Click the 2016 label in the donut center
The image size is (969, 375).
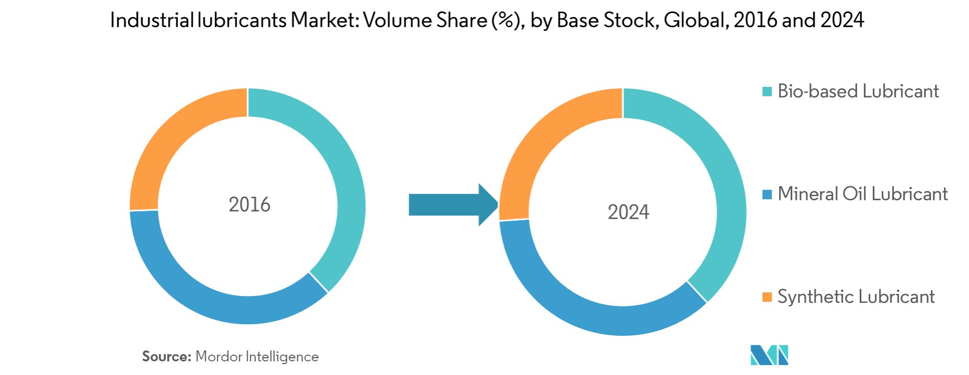pyautogui.click(x=250, y=204)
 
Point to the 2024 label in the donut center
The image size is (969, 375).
pyautogui.click(x=628, y=212)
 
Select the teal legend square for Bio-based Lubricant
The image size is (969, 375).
pyautogui.click(x=767, y=92)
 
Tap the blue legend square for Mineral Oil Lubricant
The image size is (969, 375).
pyautogui.click(x=767, y=195)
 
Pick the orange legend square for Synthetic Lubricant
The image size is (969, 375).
pyautogui.click(x=767, y=297)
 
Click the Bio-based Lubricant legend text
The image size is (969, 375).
pyautogui.click(x=858, y=92)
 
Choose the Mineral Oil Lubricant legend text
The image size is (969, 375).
pyautogui.click(x=862, y=195)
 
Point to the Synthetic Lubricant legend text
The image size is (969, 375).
pyautogui.click(x=856, y=297)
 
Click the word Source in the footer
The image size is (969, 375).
pyautogui.click(x=167, y=357)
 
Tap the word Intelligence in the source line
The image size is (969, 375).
pyautogui.click(x=282, y=357)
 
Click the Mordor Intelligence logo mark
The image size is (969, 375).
pyautogui.click(x=769, y=355)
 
